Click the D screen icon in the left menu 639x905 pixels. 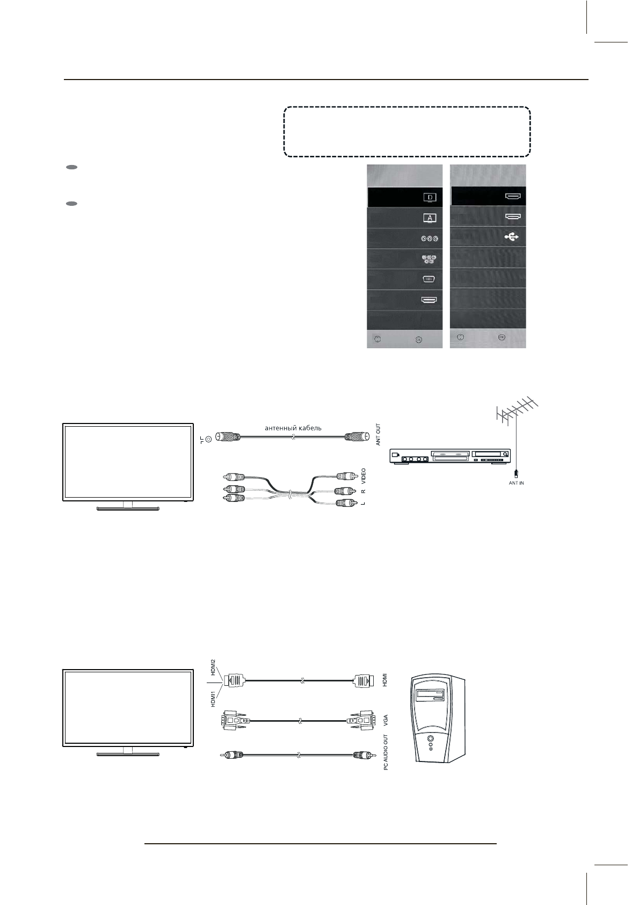430,197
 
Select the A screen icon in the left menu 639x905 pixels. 430,218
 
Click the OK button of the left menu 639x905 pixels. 418,340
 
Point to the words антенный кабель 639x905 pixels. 293,428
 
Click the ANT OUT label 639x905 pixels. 378,435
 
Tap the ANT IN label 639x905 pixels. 516,483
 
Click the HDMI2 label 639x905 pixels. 213,667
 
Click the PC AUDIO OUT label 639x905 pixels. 386,753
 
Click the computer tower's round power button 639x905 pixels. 431,738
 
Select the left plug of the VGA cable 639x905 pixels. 231,719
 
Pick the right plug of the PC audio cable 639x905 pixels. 359,755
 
